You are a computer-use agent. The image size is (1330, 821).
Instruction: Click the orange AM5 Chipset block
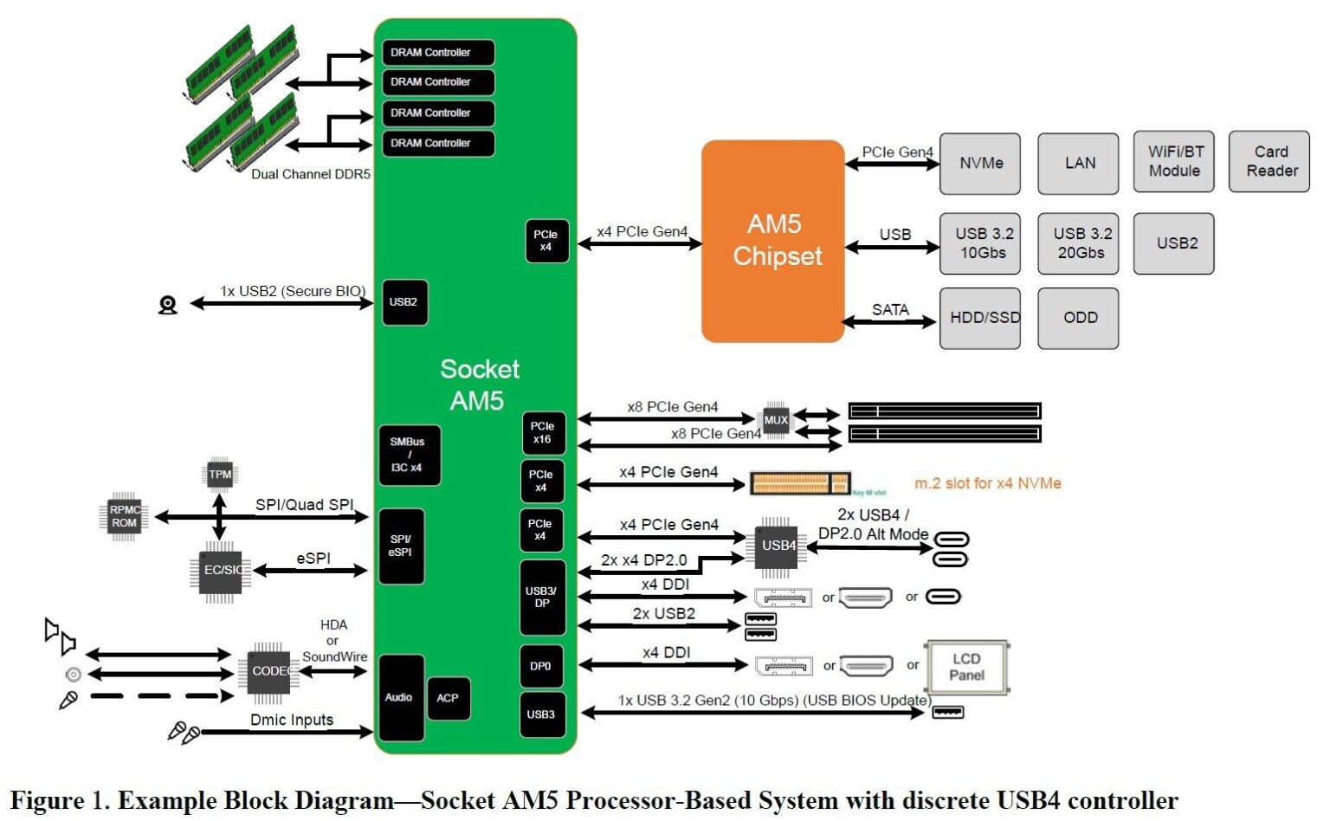click(772, 241)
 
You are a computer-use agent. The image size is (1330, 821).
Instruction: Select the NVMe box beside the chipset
click(980, 163)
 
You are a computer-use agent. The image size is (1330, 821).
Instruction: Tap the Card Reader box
click(1269, 162)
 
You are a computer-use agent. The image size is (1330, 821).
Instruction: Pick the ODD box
click(1079, 318)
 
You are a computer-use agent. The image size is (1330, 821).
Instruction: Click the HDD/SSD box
click(980, 318)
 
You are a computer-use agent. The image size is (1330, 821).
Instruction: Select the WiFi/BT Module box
click(1174, 162)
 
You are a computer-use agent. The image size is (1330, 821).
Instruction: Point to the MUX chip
click(775, 420)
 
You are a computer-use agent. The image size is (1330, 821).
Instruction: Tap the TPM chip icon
click(220, 475)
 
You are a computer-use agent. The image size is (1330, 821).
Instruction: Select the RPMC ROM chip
click(124, 516)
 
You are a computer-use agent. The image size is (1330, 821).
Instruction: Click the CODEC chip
click(268, 671)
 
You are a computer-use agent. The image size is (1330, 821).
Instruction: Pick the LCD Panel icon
click(966, 667)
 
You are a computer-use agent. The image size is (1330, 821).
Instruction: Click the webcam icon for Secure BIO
click(168, 305)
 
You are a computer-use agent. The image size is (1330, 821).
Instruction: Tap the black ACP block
click(448, 698)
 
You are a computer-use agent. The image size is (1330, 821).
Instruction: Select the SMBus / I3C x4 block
click(409, 455)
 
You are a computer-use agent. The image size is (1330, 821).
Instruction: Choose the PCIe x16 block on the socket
click(543, 433)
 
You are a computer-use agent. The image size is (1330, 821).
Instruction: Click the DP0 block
click(541, 666)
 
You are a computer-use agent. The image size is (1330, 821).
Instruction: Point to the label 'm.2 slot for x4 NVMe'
click(987, 483)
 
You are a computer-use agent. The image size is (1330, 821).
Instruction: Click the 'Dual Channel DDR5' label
click(310, 174)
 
